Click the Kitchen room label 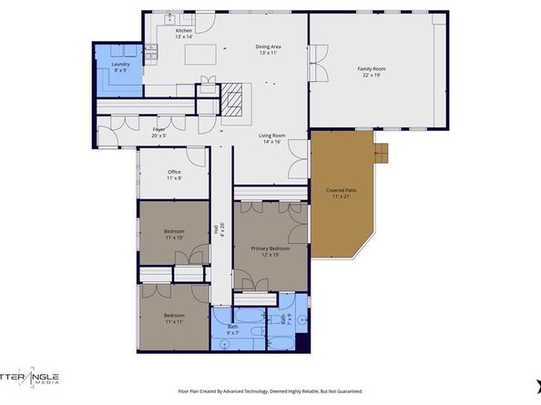(184, 31)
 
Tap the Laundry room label (120, 64)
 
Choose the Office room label (174, 171)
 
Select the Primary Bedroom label (270, 248)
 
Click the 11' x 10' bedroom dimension (174, 238)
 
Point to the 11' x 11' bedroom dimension (174, 322)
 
